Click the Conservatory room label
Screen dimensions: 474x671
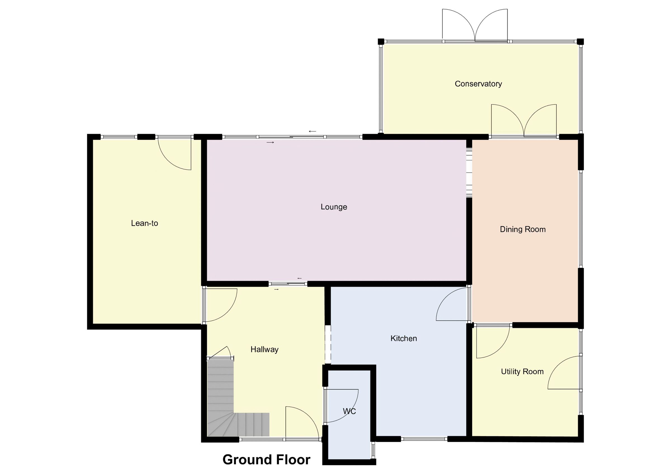(478, 84)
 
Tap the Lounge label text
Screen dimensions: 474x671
(334, 207)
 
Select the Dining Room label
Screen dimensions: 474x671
(523, 229)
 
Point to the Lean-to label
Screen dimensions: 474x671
(144, 223)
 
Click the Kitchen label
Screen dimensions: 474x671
(404, 339)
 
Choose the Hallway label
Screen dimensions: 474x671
(264, 349)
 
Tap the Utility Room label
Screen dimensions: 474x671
(522, 371)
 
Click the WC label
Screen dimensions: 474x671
(349, 411)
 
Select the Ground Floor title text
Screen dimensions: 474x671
(266, 459)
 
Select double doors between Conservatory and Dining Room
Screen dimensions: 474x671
(524, 121)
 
